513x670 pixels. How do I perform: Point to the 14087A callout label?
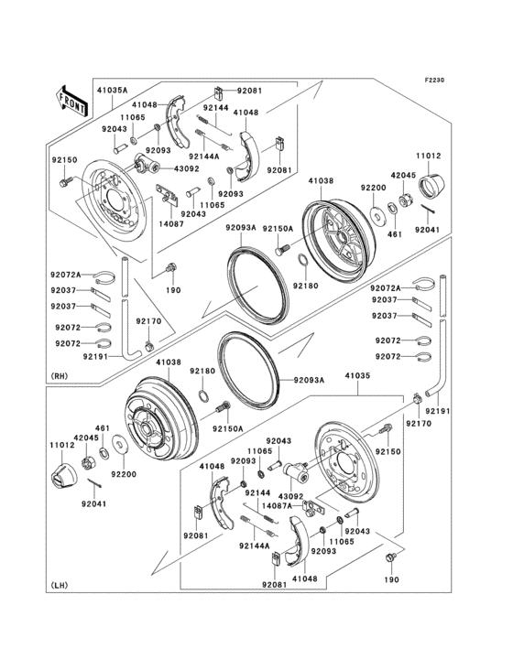pos(276,505)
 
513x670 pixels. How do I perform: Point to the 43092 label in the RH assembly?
pos(187,168)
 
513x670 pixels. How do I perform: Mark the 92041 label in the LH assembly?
pos(94,504)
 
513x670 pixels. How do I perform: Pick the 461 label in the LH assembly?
pos(103,428)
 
